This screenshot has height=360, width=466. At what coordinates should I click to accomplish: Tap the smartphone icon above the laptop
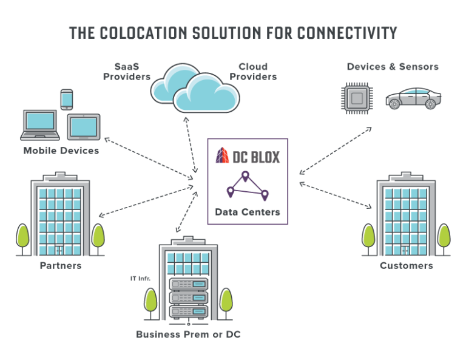point(66,100)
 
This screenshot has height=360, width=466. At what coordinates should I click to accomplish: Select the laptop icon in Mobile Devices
point(41,124)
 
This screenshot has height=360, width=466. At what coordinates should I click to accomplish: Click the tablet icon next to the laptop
point(84,126)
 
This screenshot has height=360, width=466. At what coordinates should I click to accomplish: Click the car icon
point(414,99)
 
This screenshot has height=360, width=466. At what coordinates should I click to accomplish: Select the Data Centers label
point(248,212)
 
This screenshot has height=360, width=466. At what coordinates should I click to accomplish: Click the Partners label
point(61,267)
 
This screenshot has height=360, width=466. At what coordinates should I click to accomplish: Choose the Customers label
point(406,266)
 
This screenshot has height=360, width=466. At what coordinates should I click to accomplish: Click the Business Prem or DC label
point(187,335)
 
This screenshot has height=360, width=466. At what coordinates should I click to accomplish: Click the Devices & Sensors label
point(392,66)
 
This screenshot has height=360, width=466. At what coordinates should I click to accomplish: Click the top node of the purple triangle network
point(245,176)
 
